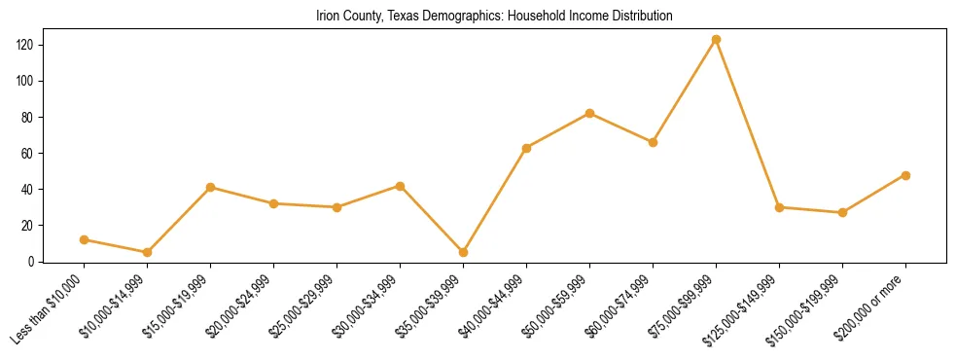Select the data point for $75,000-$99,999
point(716,40)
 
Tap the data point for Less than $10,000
point(84,239)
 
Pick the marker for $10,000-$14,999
point(147,252)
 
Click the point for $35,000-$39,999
point(463,252)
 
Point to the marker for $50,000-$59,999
point(589,113)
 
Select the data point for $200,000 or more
point(905,175)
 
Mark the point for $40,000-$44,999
point(526,148)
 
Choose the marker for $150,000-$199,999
point(842,212)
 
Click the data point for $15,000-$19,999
point(210,187)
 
